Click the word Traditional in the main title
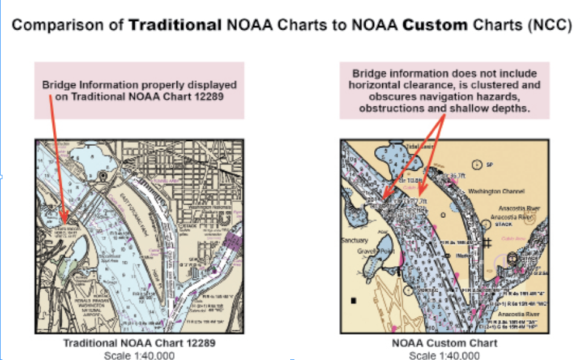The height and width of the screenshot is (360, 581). coord(175,25)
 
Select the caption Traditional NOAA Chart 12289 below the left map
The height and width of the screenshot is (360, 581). coord(139,343)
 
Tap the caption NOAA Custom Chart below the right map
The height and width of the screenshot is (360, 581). coord(444,343)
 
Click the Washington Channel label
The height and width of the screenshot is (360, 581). coord(493,191)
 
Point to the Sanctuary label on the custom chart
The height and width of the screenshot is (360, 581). coord(354,240)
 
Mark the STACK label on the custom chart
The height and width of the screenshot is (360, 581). coord(503,224)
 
